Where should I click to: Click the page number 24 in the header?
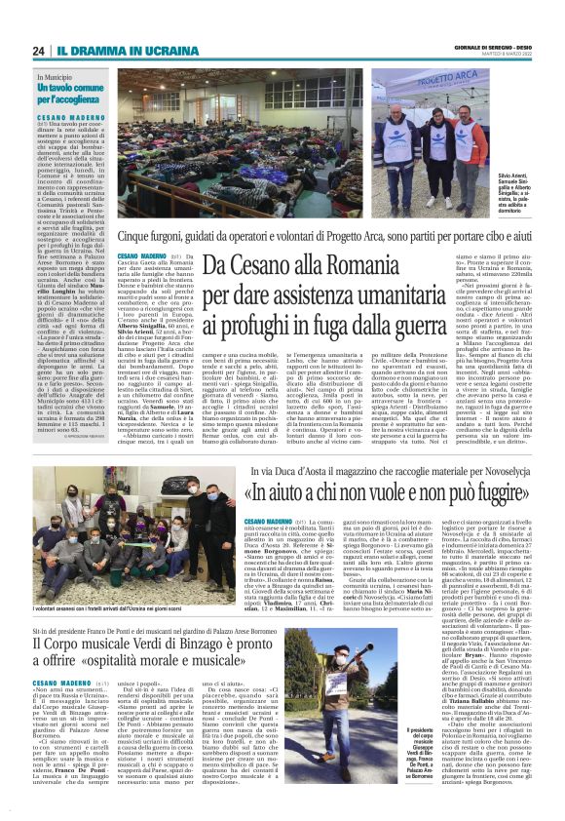pyautogui.click(x=38, y=51)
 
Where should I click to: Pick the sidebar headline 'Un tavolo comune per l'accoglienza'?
pyautogui.click(x=69, y=93)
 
